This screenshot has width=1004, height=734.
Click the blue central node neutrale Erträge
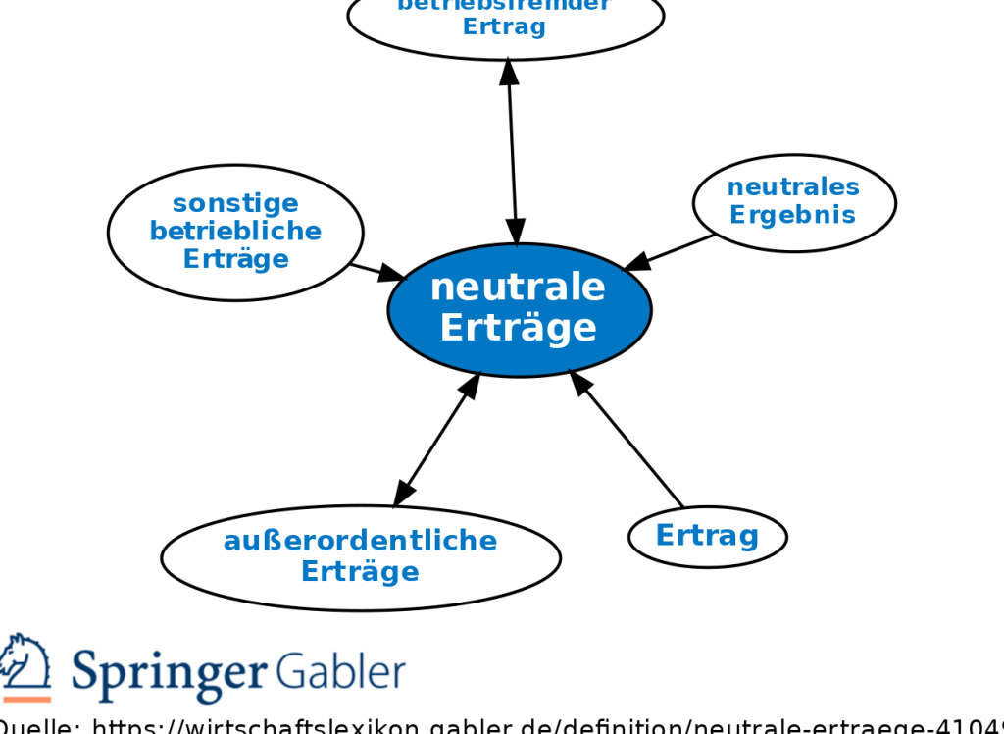519,309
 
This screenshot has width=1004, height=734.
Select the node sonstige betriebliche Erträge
235,233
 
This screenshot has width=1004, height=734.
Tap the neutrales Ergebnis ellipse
793,202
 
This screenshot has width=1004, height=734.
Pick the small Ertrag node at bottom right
707,536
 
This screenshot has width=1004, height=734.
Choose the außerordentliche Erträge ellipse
360,556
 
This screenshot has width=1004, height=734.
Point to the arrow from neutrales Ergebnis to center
672,252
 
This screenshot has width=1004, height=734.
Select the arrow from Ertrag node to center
627,439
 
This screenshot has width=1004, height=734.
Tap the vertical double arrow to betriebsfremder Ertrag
512,152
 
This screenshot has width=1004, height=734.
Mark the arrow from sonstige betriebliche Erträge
377,272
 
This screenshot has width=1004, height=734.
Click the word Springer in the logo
168,672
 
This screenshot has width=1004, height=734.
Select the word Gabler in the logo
340,672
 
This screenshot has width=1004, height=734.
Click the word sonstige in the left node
235,203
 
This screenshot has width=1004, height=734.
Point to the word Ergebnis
793,215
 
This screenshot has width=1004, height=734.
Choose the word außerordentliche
360,541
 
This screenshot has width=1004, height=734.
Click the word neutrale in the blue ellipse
518,288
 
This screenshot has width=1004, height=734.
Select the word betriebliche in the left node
235,232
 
